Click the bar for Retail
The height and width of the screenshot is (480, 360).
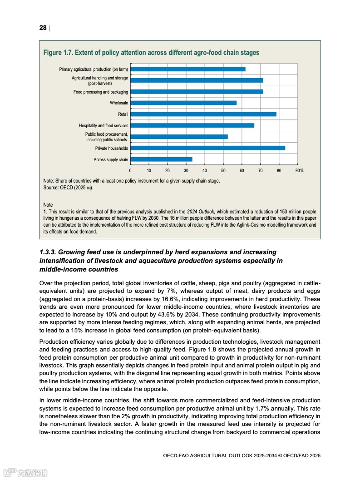point(203,114)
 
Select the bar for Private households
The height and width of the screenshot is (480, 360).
point(207,148)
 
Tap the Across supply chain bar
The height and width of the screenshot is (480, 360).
point(161,159)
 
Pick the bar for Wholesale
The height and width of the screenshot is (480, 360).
point(183,103)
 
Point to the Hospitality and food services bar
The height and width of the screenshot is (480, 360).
point(192,125)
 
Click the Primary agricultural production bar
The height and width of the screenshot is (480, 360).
point(187,69)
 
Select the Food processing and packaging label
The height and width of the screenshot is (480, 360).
point(101,92)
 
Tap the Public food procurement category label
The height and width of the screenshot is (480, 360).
point(107,137)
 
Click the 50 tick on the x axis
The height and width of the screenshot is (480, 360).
point(223,171)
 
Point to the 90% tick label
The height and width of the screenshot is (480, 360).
point(299,171)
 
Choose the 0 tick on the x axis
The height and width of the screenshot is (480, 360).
point(130,171)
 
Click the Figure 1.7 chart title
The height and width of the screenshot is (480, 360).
point(151,53)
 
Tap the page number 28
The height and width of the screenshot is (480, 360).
point(43,28)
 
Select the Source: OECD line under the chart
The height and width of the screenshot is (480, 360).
point(70,187)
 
